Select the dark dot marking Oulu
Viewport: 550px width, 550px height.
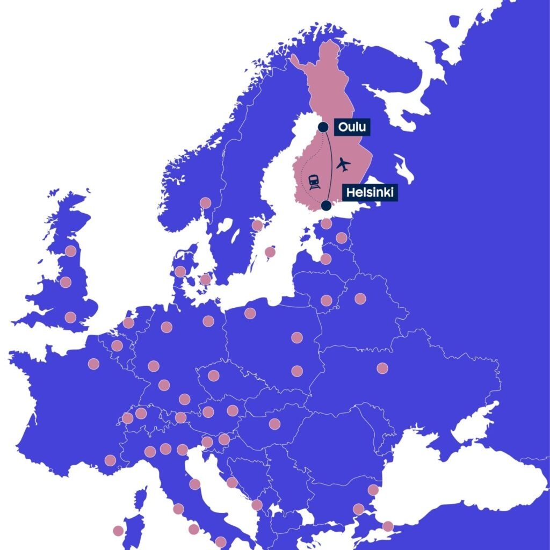point(323,127)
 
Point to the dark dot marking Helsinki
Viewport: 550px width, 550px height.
point(325,205)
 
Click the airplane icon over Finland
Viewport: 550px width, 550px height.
point(343,164)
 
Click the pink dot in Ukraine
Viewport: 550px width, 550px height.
point(382,368)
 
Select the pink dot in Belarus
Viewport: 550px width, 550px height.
point(360,299)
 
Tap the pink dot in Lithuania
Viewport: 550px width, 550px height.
point(326,300)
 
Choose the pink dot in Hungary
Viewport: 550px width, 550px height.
point(274,424)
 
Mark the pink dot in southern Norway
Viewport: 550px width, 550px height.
point(205,203)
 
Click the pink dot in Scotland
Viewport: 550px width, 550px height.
point(70,251)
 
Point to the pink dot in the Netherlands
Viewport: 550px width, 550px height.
point(128,323)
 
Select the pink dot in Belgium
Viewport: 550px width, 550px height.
point(117,345)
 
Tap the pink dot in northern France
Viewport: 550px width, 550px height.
point(93,364)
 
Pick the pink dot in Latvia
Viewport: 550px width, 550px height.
point(325,259)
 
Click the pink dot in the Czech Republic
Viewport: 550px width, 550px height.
point(213,375)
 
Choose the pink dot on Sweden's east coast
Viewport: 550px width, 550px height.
point(257,226)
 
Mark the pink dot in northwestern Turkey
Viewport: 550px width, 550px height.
point(388,526)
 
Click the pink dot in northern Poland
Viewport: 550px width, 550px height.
point(250,313)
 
